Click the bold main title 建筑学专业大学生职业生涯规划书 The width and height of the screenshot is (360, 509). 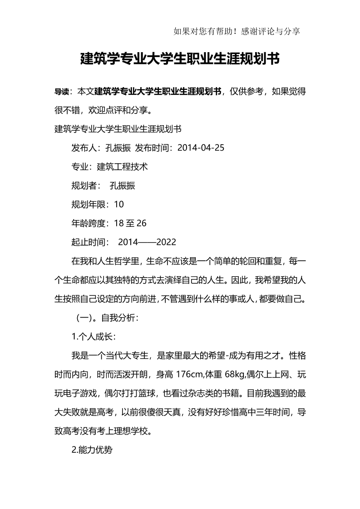[x=180, y=59]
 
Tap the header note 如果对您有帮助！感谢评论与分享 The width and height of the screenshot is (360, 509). [x=237, y=31]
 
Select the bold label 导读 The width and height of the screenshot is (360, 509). [x=61, y=91]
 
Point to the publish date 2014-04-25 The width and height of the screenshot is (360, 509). [x=201, y=148]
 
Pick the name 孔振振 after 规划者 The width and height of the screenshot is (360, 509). [x=123, y=186]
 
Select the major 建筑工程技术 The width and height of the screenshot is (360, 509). [x=123, y=166]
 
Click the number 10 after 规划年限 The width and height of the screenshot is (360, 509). [x=119, y=204]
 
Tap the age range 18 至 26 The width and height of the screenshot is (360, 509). [x=130, y=223]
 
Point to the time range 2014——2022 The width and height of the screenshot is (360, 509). [x=147, y=242]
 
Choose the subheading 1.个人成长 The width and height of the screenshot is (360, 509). [x=94, y=337]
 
